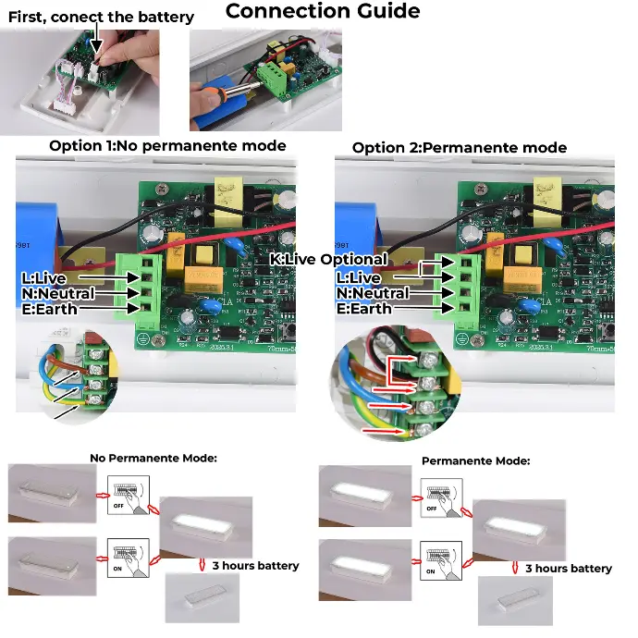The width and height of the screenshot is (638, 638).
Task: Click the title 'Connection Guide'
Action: pyautogui.click(x=323, y=12)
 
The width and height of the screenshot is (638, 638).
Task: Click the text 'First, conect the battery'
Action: pyautogui.click(x=102, y=17)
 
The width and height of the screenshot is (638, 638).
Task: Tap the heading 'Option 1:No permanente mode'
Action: pyautogui.click(x=167, y=146)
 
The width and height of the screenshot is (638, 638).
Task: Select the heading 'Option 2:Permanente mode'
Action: pyautogui.click(x=460, y=148)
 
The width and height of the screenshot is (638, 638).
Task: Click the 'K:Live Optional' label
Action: pyautogui.click(x=328, y=260)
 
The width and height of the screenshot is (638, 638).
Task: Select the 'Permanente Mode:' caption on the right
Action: pyautogui.click(x=475, y=460)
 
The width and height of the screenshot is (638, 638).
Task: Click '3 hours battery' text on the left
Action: pyautogui.click(x=255, y=566)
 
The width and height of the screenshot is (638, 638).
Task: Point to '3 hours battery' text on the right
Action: pyautogui.click(x=568, y=569)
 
